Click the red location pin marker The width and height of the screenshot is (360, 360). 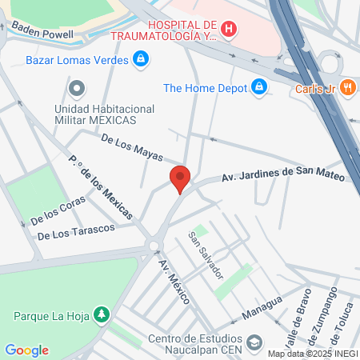[180, 178]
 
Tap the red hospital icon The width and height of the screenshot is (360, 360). [230, 30]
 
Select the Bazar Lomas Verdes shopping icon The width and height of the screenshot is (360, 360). [141, 58]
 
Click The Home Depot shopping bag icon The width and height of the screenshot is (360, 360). [258, 87]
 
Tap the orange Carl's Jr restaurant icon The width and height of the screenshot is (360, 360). [347, 87]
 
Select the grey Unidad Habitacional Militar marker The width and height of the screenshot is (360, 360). [77, 87]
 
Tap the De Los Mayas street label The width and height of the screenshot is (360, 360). [132, 148]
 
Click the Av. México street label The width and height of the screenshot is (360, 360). [174, 282]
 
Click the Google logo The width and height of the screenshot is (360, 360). [26, 350]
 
